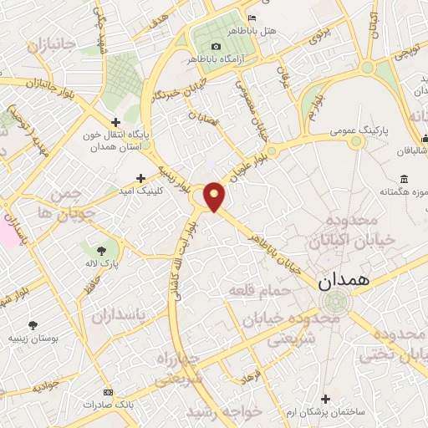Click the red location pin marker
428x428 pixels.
coord(215,196)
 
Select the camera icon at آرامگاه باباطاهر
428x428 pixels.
coord(217,46)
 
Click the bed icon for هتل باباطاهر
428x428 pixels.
coord(253,18)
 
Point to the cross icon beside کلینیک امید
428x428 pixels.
coord(140,178)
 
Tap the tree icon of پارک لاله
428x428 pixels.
coord(101,249)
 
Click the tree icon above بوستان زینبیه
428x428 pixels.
coord(33,325)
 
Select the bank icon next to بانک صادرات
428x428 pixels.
coord(107,392)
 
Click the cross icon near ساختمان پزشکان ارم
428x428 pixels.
coord(325,400)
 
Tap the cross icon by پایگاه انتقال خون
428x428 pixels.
coord(117,122)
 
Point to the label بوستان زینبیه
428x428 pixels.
coord(31,339)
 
